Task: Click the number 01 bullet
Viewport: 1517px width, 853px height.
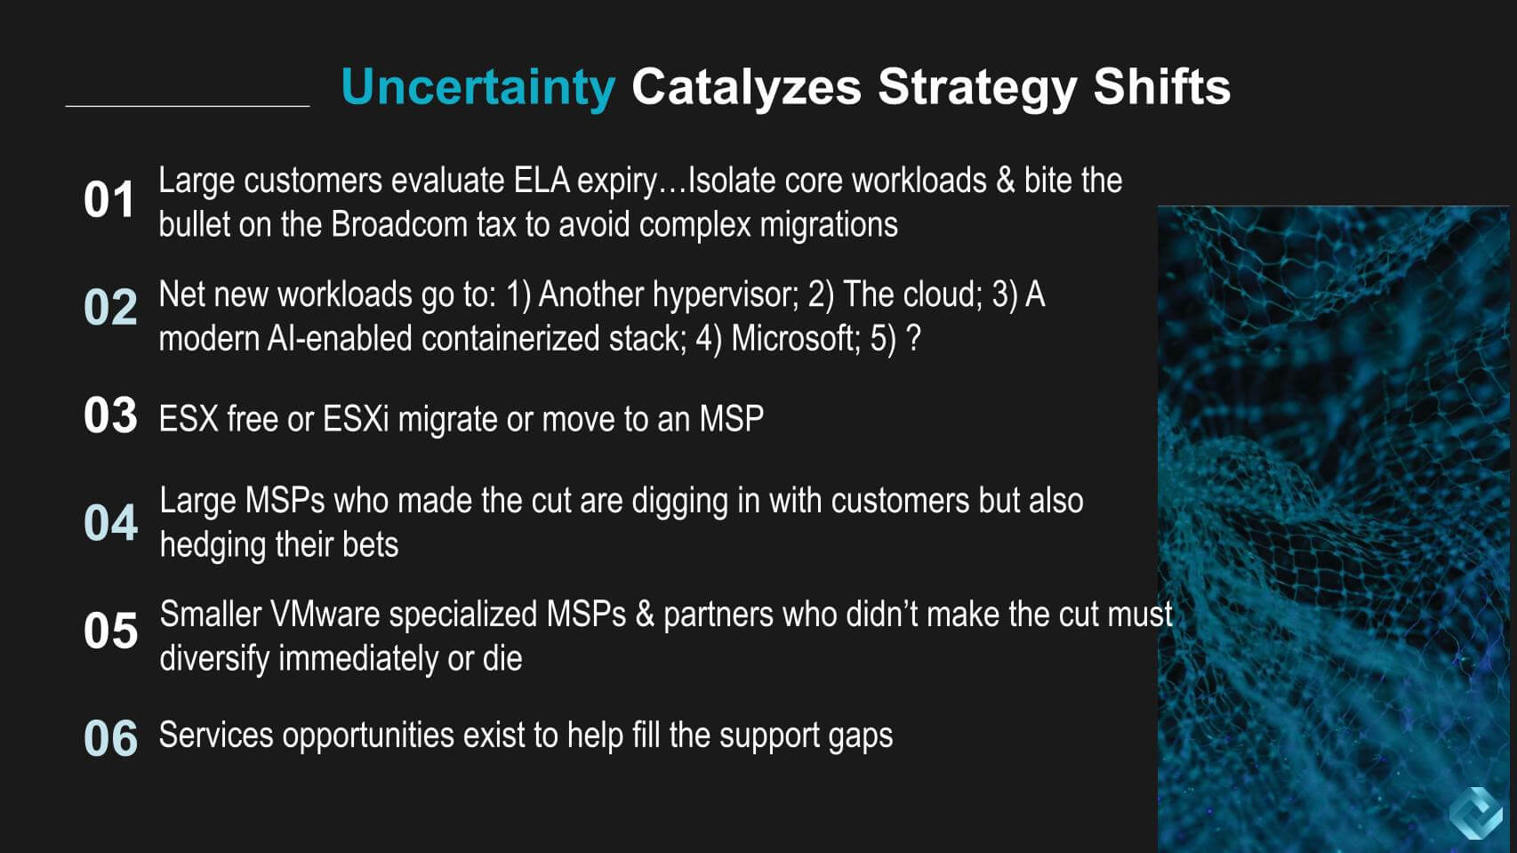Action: [109, 200]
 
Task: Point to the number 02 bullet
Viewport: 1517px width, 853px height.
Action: [110, 307]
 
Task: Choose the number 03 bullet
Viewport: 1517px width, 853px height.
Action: [110, 414]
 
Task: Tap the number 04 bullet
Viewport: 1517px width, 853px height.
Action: [110, 522]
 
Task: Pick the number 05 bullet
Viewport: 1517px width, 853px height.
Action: [110, 631]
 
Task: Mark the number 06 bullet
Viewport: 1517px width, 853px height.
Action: [110, 738]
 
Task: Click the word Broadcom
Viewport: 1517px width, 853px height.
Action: [399, 224]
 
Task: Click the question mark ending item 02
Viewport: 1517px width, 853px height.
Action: [913, 338]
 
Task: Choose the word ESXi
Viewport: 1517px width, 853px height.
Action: [356, 419]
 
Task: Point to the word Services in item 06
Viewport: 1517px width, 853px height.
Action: [216, 735]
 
